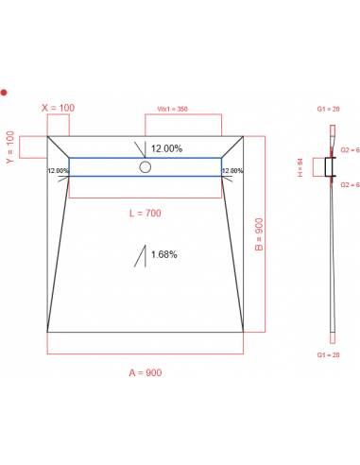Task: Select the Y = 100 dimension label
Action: coord(11,146)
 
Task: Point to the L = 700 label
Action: coord(146,213)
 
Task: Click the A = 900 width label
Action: coord(145,373)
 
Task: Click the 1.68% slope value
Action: coord(163,253)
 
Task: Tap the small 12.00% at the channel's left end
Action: coord(58,170)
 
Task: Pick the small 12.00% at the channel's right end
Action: coord(231,170)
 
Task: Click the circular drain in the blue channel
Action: coord(145,167)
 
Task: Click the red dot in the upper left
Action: coord(5,93)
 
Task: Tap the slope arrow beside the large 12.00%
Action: coord(142,149)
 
